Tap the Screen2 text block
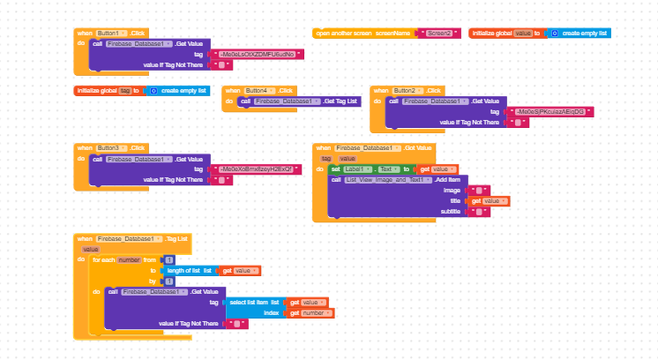(x=439, y=34)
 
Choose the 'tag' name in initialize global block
(x=126, y=91)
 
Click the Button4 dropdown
(x=259, y=91)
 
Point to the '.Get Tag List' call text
(x=341, y=102)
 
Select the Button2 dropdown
(x=408, y=91)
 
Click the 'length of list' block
(x=189, y=271)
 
